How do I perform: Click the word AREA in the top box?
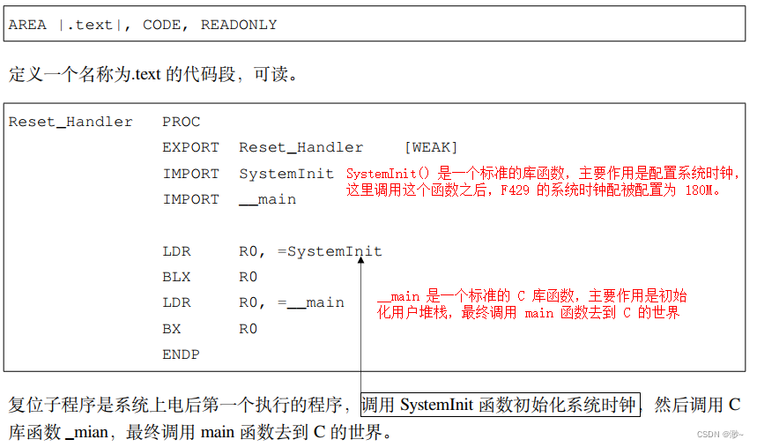tap(26, 25)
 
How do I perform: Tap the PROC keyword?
tap(181, 122)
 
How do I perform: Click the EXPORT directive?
tap(190, 147)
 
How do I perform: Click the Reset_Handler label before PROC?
tap(71, 122)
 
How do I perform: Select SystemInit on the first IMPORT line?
tap(286, 174)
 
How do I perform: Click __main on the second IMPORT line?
tap(267, 199)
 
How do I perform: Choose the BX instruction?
tap(172, 329)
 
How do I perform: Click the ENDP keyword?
tap(181, 354)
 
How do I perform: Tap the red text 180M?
tap(701, 190)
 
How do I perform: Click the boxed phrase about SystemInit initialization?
tap(501, 406)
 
